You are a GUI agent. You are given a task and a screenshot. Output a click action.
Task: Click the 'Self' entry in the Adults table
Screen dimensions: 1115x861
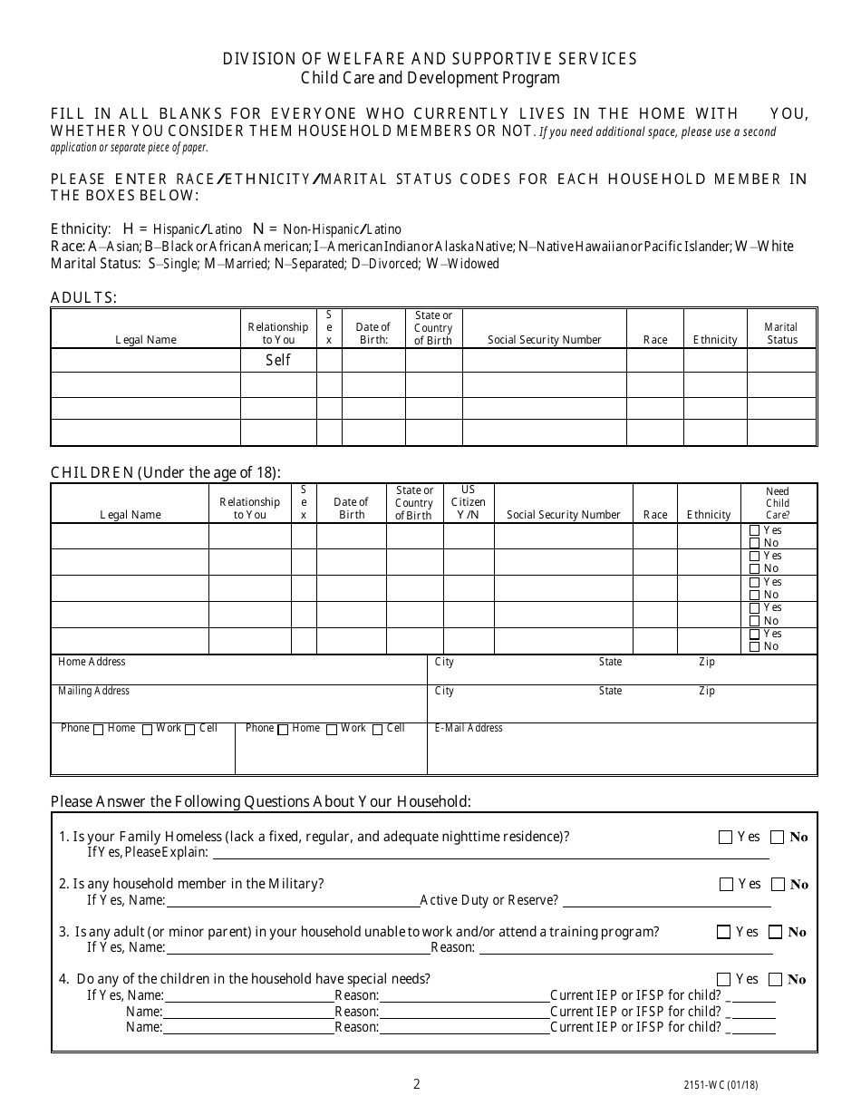point(278,360)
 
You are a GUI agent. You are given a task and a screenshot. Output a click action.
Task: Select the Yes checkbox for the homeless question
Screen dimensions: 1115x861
point(725,838)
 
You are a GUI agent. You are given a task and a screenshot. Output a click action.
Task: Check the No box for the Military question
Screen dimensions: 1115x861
point(779,885)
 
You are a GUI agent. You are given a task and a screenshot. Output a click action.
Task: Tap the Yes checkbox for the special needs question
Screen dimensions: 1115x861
point(723,979)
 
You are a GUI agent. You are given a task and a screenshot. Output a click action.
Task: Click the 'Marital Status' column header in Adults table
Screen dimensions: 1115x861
point(781,333)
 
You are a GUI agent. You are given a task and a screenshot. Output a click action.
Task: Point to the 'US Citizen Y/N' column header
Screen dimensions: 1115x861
point(468,502)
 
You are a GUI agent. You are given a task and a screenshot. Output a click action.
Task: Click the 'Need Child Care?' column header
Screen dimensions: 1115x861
point(778,503)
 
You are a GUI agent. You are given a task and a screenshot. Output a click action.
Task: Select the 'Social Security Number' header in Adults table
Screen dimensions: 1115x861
point(544,340)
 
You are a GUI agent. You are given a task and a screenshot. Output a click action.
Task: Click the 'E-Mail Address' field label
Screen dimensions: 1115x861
point(469,728)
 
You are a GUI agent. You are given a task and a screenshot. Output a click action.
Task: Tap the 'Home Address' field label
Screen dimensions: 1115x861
point(92,662)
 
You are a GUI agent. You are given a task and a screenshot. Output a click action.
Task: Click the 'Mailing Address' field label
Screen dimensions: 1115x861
point(93,691)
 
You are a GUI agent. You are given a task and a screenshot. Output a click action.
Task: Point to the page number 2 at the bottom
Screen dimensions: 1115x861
point(417,1083)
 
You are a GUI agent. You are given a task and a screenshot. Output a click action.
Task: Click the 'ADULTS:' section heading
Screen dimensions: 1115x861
point(83,297)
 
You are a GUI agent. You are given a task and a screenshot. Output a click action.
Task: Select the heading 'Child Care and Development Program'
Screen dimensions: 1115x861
point(430,78)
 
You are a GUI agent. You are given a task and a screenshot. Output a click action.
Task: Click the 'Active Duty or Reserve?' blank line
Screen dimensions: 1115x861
point(667,901)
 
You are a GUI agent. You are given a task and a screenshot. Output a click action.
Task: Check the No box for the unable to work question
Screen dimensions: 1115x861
point(776,932)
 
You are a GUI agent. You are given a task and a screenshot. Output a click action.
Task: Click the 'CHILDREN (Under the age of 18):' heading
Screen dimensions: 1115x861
point(165,472)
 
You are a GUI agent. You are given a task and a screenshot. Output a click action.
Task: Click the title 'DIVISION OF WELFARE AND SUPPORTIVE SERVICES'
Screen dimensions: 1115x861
point(430,59)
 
